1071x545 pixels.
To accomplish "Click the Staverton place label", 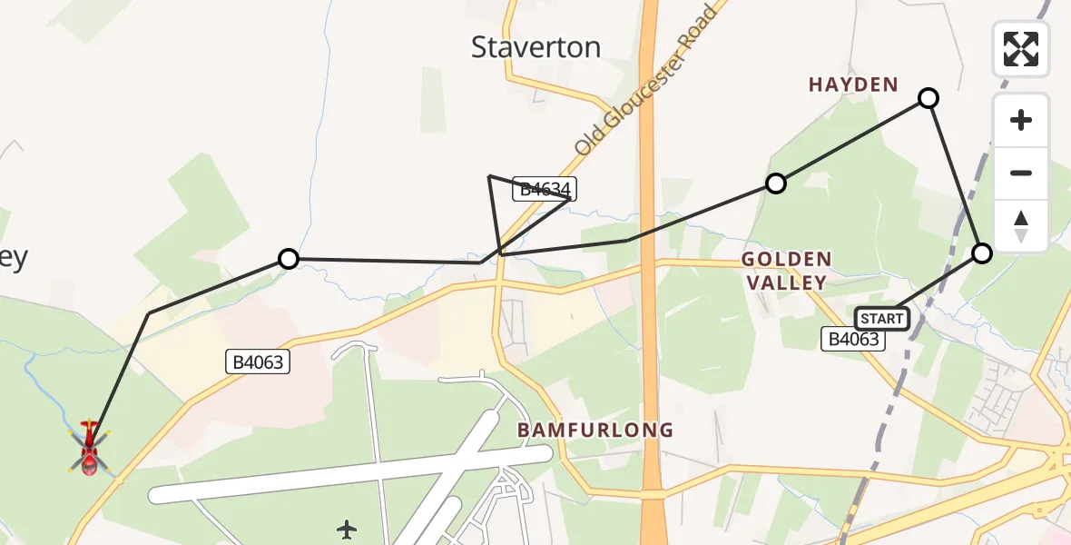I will (x=535, y=47).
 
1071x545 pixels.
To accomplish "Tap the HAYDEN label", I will (x=853, y=84).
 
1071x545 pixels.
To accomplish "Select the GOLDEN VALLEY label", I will (x=785, y=271).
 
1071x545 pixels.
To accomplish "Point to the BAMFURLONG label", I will (x=595, y=430).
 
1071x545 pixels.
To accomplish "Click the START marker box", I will (x=882, y=318).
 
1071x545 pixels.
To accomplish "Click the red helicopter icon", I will (x=89, y=448).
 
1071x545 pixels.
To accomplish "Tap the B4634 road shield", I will (x=545, y=189).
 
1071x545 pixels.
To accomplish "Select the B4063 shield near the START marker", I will (x=853, y=339).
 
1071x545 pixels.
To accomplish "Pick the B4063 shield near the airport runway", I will (x=258, y=362).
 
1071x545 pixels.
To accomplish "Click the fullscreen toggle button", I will (x=1021, y=49).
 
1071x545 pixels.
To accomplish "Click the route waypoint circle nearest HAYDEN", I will (x=928, y=98).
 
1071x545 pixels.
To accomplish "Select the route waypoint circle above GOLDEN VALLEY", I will (x=775, y=183).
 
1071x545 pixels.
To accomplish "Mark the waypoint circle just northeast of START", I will (x=982, y=253).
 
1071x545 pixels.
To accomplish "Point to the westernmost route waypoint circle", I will (x=288, y=259).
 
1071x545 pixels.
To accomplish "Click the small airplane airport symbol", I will (x=347, y=529).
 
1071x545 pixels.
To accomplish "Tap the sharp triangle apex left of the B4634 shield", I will (x=489, y=175).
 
